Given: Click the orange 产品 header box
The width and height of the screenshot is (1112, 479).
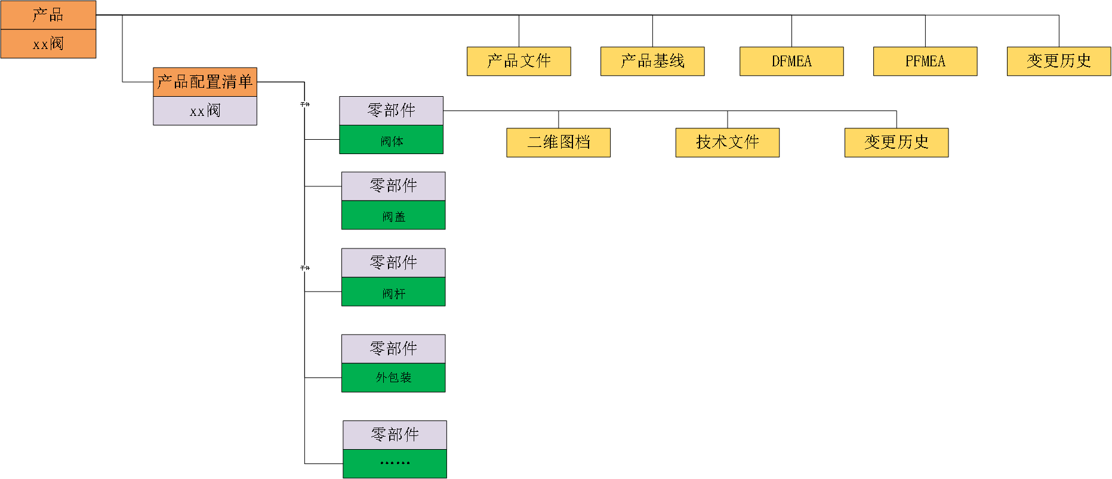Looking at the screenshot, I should (48, 15).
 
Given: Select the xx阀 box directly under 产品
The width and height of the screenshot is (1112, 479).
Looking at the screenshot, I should (48, 44).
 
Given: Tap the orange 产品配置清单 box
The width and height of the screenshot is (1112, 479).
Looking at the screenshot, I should (205, 82).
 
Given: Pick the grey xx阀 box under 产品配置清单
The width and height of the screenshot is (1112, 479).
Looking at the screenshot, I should (205, 110).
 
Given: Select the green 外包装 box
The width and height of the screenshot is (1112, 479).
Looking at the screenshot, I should (393, 377).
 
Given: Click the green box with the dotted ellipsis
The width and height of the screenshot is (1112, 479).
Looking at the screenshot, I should (395, 463).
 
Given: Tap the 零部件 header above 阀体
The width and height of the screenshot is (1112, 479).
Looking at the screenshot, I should (392, 110).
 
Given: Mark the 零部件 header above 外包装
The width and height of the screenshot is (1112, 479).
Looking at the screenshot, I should (393, 349).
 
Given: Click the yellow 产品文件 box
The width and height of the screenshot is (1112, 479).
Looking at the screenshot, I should (519, 61).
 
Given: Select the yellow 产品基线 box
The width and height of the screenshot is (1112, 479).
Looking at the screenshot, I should (652, 61).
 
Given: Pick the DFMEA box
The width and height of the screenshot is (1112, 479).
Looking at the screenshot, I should (791, 61).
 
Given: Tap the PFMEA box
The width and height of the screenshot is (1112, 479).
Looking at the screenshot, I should (925, 61).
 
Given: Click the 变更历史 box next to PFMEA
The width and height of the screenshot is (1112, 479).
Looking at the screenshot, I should (1059, 61).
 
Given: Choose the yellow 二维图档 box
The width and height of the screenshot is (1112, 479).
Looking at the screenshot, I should (559, 142).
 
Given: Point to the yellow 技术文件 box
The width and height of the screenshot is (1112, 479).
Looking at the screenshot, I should (728, 142).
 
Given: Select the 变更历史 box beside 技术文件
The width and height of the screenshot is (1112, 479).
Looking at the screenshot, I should (897, 142).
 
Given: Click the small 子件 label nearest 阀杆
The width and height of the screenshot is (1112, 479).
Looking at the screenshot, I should (304, 268).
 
